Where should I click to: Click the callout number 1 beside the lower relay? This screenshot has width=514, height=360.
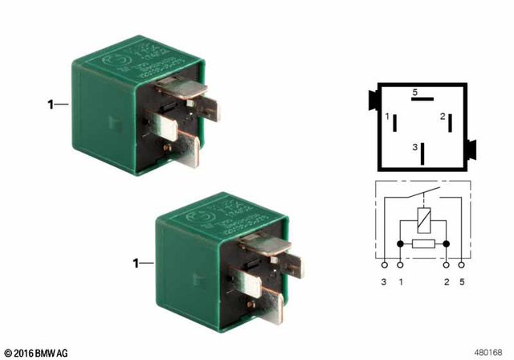coord(137,263)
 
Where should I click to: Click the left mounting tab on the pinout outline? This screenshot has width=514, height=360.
coord(373,101)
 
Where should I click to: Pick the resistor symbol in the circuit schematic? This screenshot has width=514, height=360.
coord(423,243)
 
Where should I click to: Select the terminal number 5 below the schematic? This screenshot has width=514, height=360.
coord(461,281)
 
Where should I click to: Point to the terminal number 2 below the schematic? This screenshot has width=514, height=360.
coord(446,281)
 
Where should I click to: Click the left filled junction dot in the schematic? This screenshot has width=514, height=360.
coord(400,243)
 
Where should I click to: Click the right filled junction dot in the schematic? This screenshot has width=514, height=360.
coord(446,243)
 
